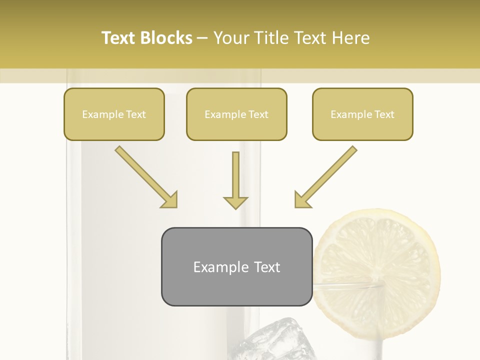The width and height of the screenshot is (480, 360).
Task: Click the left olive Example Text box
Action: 114,114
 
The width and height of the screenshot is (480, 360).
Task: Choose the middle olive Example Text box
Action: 236,114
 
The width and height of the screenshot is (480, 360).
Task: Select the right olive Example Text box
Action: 362,114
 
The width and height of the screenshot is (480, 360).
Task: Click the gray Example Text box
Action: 236,266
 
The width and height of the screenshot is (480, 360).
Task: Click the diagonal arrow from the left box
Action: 145,176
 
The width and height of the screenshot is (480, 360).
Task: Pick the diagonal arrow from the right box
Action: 326,176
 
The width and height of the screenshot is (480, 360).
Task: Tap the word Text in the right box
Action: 384,114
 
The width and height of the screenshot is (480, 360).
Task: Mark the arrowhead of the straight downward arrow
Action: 235,201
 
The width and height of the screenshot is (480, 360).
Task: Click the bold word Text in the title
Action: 119,38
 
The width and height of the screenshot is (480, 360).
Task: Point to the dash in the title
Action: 202,38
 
